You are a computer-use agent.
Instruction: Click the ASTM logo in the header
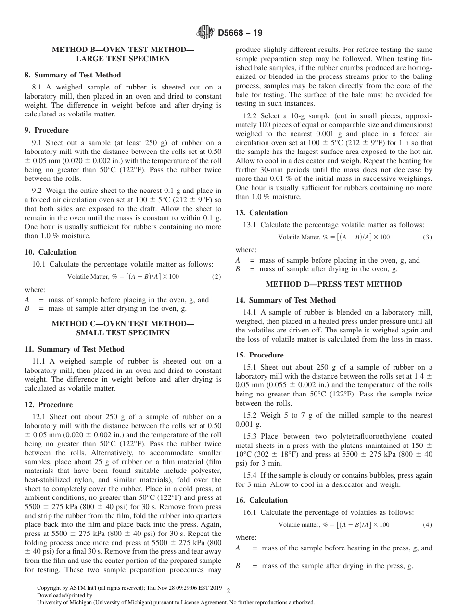click(205, 33)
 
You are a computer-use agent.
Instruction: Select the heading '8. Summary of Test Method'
click(73, 75)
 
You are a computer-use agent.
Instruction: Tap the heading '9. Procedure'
click(47, 130)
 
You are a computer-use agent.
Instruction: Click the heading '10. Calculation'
click(51, 252)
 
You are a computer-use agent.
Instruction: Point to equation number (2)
click(216, 277)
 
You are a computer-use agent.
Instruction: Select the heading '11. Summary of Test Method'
click(75, 349)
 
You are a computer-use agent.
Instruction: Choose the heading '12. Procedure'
click(49, 405)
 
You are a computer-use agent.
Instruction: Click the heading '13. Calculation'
click(261, 213)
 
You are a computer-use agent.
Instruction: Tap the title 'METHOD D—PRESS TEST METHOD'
click(334, 284)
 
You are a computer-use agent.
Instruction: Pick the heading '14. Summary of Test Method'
click(285, 300)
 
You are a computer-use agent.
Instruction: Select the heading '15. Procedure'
click(259, 355)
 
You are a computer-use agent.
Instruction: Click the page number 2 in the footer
click(228, 591)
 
